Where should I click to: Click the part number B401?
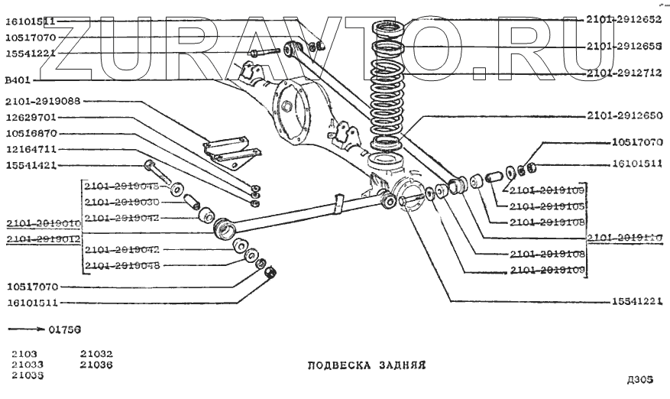pos(18,79)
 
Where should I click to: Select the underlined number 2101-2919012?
pos(43,239)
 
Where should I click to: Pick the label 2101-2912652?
pos(626,19)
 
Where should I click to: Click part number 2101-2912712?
pos(626,73)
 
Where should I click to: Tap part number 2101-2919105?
pos(548,206)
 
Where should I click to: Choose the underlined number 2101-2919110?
pos(626,238)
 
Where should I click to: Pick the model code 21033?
pos(28,365)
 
